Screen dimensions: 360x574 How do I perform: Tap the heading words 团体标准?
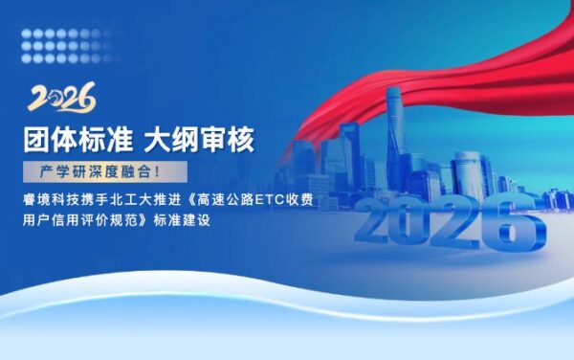click(x=78, y=140)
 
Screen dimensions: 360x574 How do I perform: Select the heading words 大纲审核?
click(x=199, y=140)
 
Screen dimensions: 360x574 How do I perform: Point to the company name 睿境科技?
click(x=53, y=201)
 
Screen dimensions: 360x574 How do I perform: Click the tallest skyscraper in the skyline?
click(x=394, y=134)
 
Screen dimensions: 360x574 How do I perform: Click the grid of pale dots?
click(x=62, y=39)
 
